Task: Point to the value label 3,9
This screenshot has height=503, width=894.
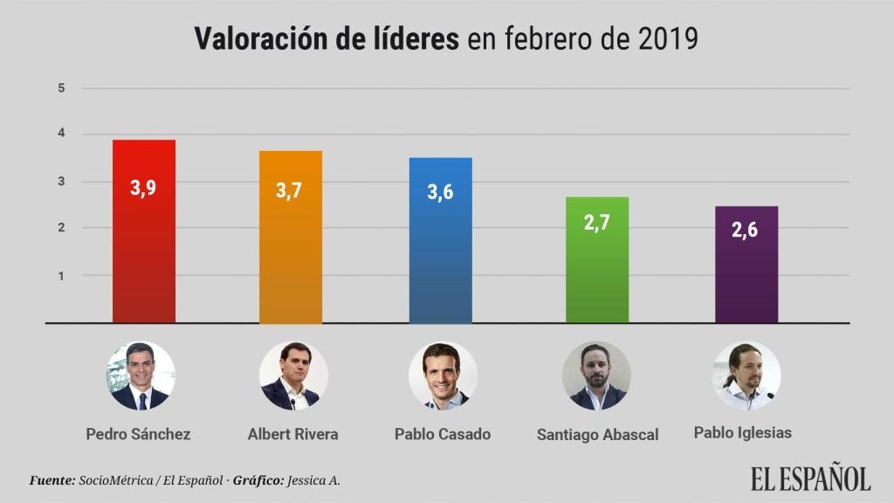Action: tap(144, 188)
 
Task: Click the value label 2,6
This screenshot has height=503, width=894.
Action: tap(746, 231)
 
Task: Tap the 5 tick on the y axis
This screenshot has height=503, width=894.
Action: tap(62, 88)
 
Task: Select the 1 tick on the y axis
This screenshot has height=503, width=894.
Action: tap(62, 276)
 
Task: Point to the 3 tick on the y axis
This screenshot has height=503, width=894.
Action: tap(62, 182)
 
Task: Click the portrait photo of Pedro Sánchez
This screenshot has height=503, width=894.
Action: tap(141, 376)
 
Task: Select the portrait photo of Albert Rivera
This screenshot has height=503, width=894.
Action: tap(293, 376)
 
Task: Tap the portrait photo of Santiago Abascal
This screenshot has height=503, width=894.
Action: tap(597, 376)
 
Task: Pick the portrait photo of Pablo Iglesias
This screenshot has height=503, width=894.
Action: tap(746, 376)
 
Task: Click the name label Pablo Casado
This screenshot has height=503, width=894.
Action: tap(443, 434)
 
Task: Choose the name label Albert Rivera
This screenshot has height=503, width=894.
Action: tap(293, 434)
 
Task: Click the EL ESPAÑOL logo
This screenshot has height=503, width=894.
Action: tap(810, 479)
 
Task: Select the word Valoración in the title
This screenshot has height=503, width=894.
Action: tap(258, 39)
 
